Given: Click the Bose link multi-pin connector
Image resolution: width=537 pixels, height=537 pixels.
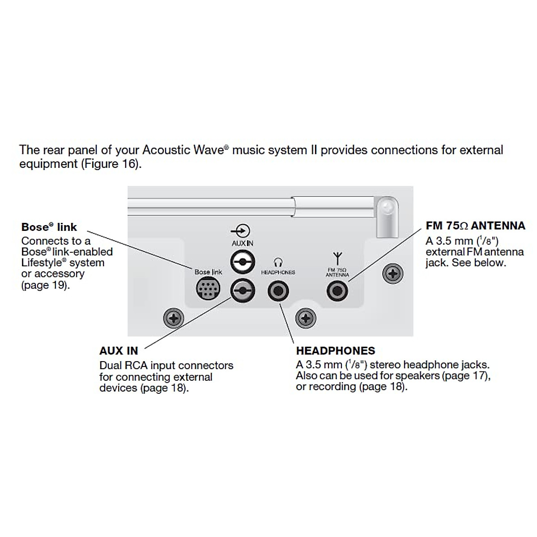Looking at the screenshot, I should coord(208,289).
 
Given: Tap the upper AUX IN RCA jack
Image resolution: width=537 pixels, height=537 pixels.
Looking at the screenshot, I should coord(242,262).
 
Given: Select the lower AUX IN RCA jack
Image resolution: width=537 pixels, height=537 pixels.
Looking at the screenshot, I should coord(242,290).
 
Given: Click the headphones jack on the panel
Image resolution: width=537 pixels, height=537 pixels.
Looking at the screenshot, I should coord(278,291).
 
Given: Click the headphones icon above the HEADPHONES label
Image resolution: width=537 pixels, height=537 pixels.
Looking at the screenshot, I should coord(278,262).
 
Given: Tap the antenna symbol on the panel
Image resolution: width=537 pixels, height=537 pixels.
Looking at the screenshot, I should coord(337,258).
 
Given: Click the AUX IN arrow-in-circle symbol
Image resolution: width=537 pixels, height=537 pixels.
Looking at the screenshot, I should coord(242,231).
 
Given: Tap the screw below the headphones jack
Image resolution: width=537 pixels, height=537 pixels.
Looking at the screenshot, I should coord(306,319).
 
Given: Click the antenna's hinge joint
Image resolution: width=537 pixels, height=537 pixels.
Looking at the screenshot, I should coord(386,208).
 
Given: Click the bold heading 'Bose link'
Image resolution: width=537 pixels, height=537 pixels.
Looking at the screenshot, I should coord(49,227).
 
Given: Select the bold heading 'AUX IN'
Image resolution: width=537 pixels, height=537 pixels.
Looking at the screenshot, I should coord(119,351).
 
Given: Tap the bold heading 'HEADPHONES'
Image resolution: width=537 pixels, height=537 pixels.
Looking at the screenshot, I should coord(336,351).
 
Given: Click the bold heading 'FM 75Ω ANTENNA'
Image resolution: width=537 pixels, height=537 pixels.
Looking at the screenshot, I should coord(475,226).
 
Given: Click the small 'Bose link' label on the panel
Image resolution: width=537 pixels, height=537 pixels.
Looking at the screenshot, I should coord(208,272).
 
